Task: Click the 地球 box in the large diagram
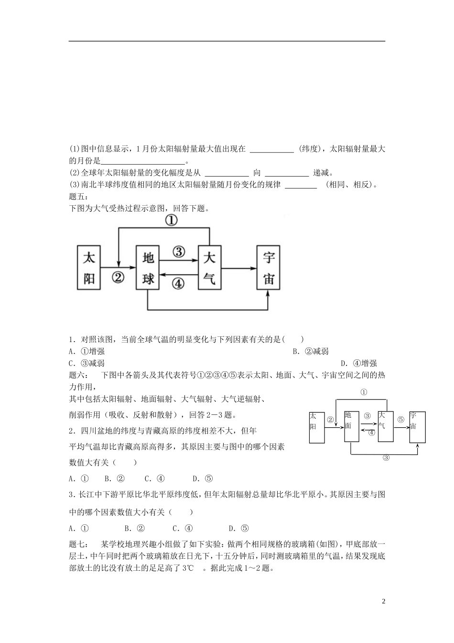[x=148, y=268]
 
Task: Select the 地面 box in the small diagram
[x=351, y=426]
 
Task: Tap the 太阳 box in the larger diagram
[x=89, y=268]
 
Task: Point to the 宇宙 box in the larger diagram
[x=269, y=268]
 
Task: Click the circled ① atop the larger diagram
[x=171, y=221]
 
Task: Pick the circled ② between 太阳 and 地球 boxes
[x=118, y=277]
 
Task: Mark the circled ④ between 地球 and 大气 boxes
[x=178, y=283]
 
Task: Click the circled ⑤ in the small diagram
[x=400, y=419]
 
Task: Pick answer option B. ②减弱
[x=311, y=351]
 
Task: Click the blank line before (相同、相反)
[x=301, y=185]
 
